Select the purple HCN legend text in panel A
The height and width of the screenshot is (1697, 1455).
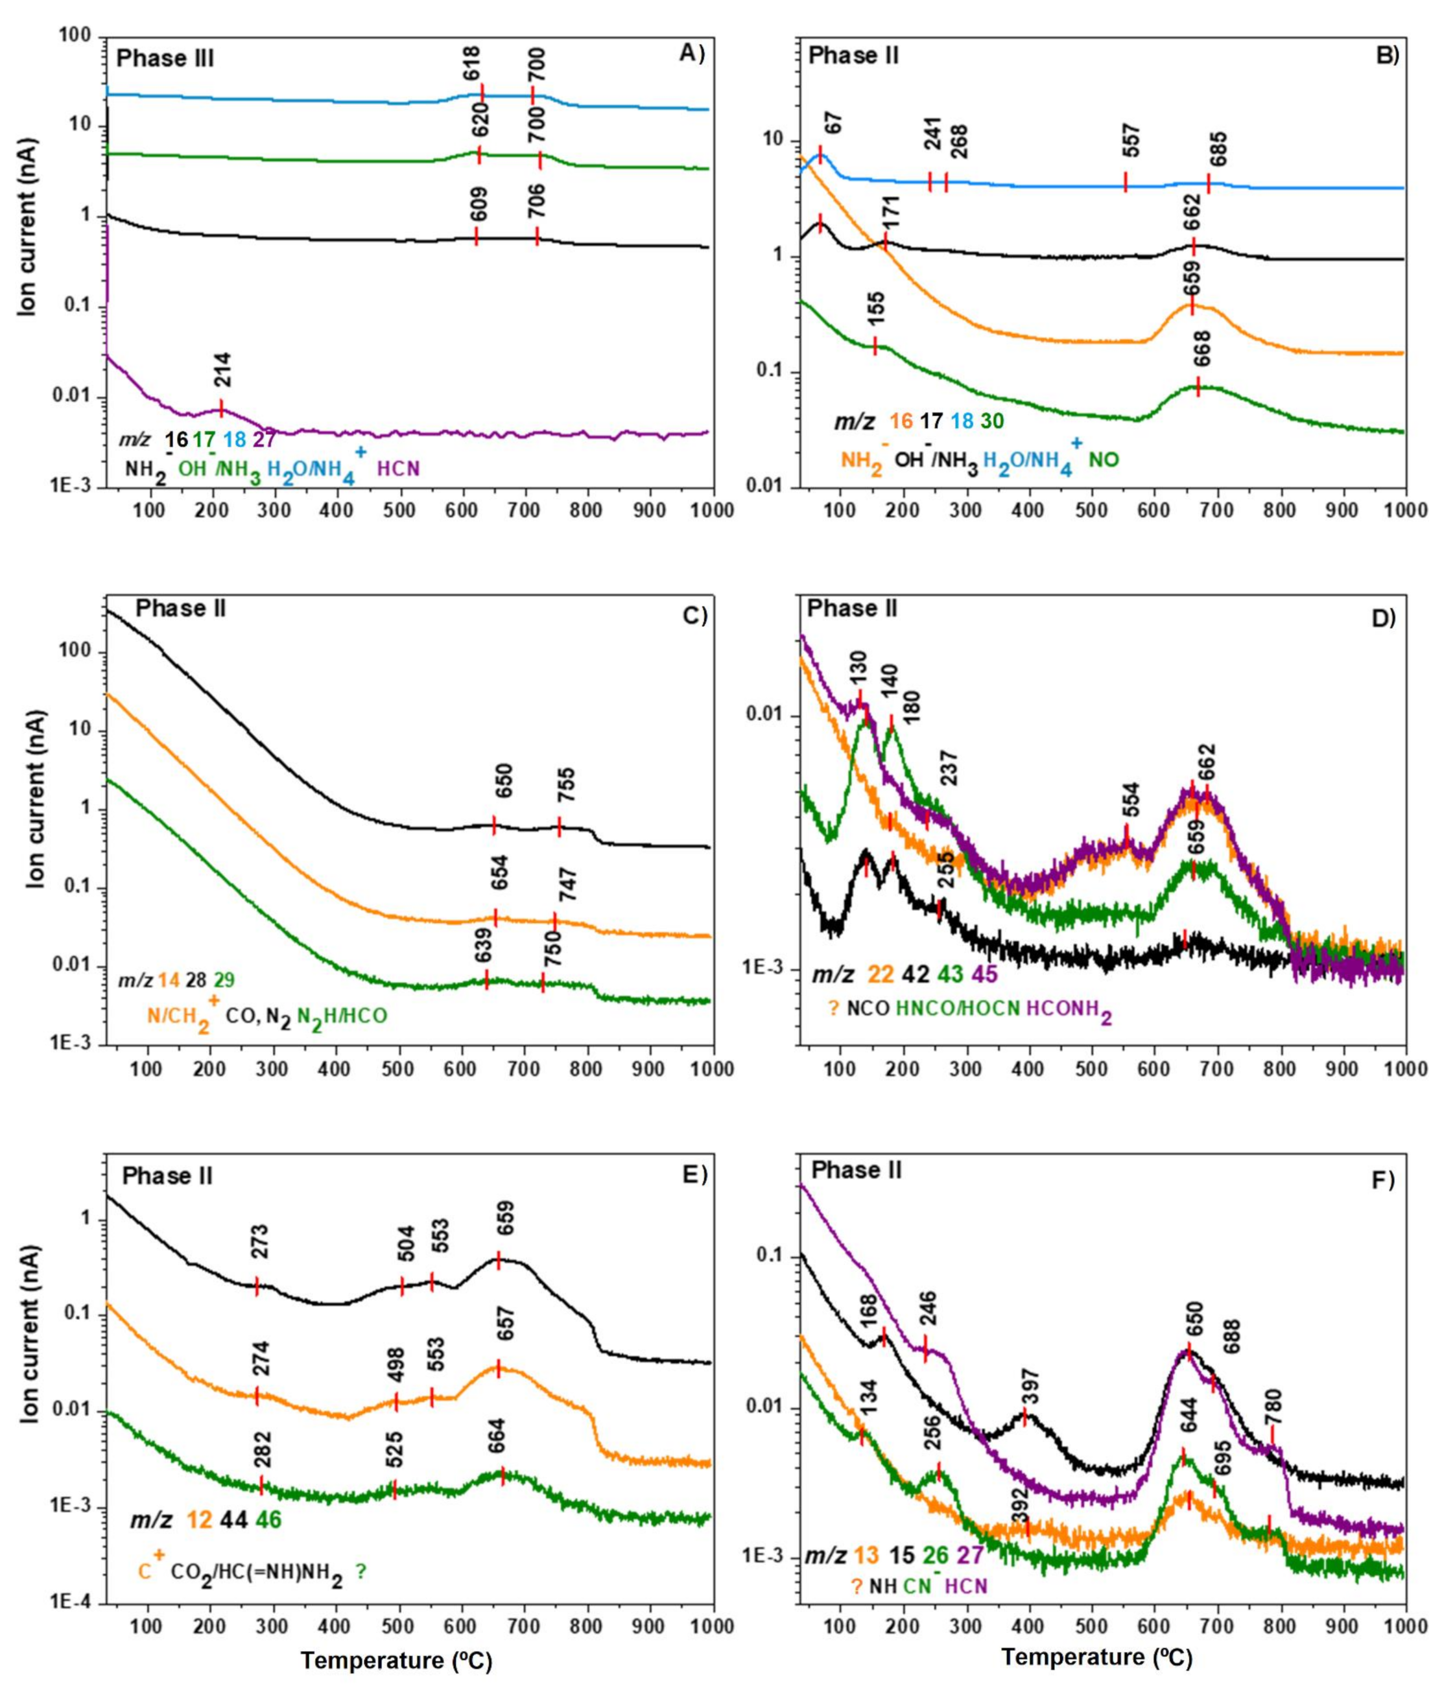399,470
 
